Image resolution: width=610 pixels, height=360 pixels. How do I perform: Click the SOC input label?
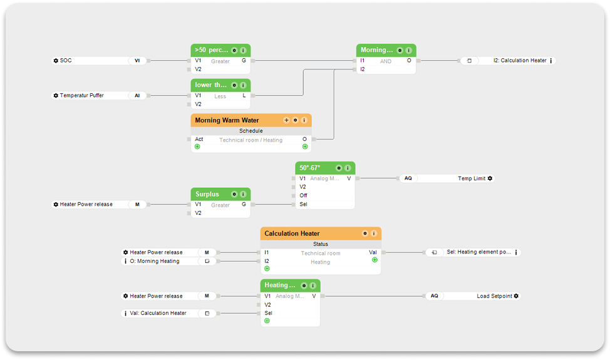[66, 61]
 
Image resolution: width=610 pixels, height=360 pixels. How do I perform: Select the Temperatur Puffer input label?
[82, 96]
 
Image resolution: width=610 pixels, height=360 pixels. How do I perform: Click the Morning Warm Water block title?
[227, 120]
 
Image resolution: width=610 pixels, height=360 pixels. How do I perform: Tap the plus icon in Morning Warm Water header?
[286, 120]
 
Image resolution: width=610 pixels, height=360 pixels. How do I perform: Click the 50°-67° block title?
[309, 168]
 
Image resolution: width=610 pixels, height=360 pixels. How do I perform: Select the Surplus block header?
[207, 194]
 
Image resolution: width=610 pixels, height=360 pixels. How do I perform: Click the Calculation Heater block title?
[292, 234]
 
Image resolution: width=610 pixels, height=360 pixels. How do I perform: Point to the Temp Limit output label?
[471, 178]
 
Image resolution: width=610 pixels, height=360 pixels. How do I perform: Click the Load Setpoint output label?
[494, 296]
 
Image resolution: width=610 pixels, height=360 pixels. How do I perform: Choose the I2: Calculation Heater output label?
[520, 61]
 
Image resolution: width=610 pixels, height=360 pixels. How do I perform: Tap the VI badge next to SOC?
[137, 61]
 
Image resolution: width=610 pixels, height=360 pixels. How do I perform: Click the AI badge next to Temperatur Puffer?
[137, 96]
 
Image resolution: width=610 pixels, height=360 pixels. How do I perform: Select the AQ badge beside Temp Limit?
[408, 178]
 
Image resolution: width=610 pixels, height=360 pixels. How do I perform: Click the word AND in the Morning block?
[385, 61]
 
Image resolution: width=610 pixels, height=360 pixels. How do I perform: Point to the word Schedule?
[251, 131]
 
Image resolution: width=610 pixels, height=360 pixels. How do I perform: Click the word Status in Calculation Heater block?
[321, 244]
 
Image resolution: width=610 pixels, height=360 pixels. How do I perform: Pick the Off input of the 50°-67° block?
[303, 195]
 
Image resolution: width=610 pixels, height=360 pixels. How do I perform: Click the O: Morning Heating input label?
[154, 261]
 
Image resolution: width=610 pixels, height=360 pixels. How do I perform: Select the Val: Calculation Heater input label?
[158, 313]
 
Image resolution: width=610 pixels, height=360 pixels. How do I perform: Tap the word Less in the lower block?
[220, 96]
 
